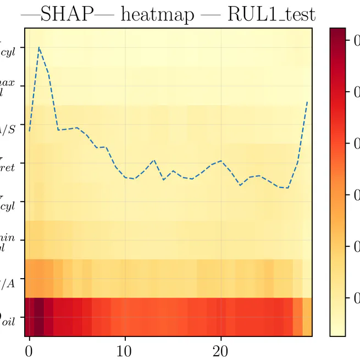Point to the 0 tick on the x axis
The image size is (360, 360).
pyautogui.click(x=30, y=349)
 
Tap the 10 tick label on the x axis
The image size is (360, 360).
pyautogui.click(x=125, y=349)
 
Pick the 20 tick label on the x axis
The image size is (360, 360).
pyautogui.click(x=221, y=349)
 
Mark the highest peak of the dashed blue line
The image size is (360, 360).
pyautogui.click(x=39, y=47)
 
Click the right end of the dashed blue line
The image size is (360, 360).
pyautogui.click(x=307, y=102)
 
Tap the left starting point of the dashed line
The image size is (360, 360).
pyautogui.click(x=30, y=131)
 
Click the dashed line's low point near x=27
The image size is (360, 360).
pyautogui.click(x=287, y=188)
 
